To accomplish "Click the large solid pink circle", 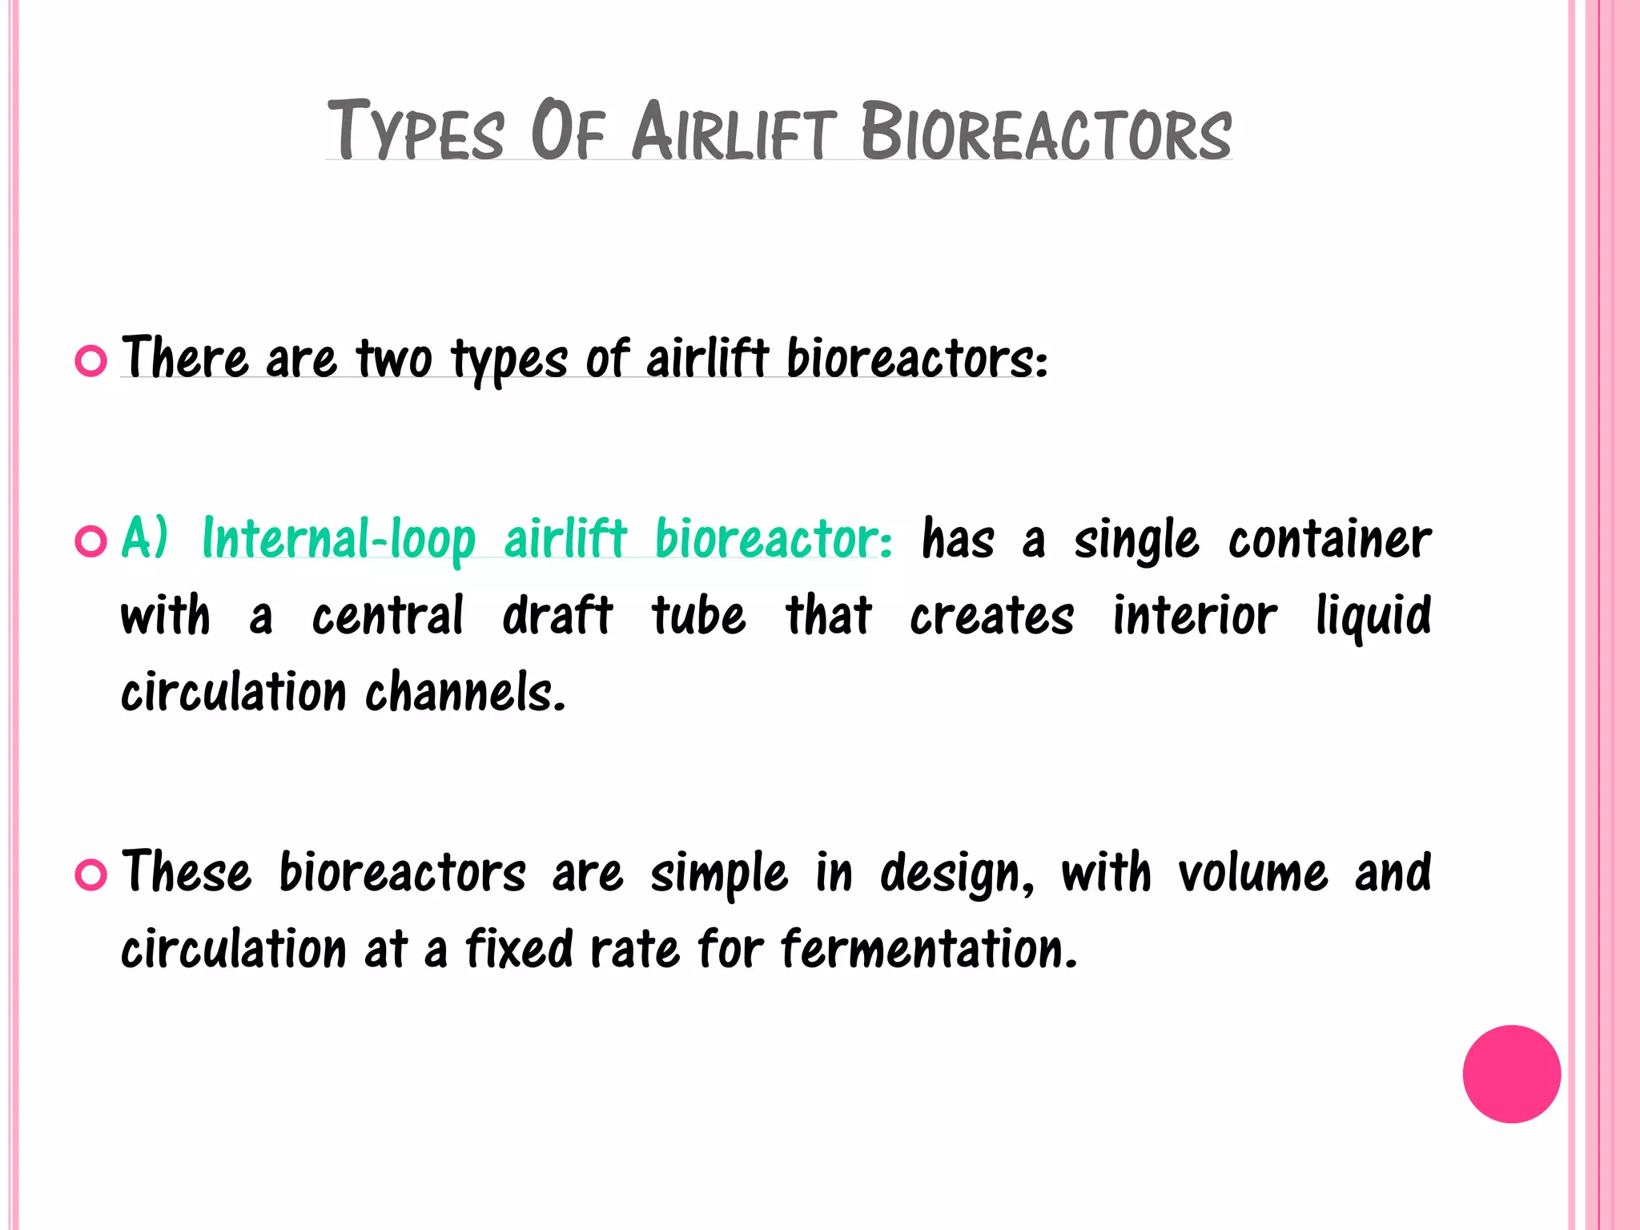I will [x=1511, y=1074].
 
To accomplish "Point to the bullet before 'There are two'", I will [x=90, y=361].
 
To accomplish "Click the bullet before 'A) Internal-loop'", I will [x=90, y=541].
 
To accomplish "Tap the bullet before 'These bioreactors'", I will [x=90, y=874].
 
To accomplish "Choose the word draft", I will [x=557, y=616].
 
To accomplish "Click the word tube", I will [x=698, y=616].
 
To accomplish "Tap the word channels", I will [x=465, y=692].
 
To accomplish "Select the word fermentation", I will [x=929, y=949].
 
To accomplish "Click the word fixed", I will [x=520, y=949].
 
